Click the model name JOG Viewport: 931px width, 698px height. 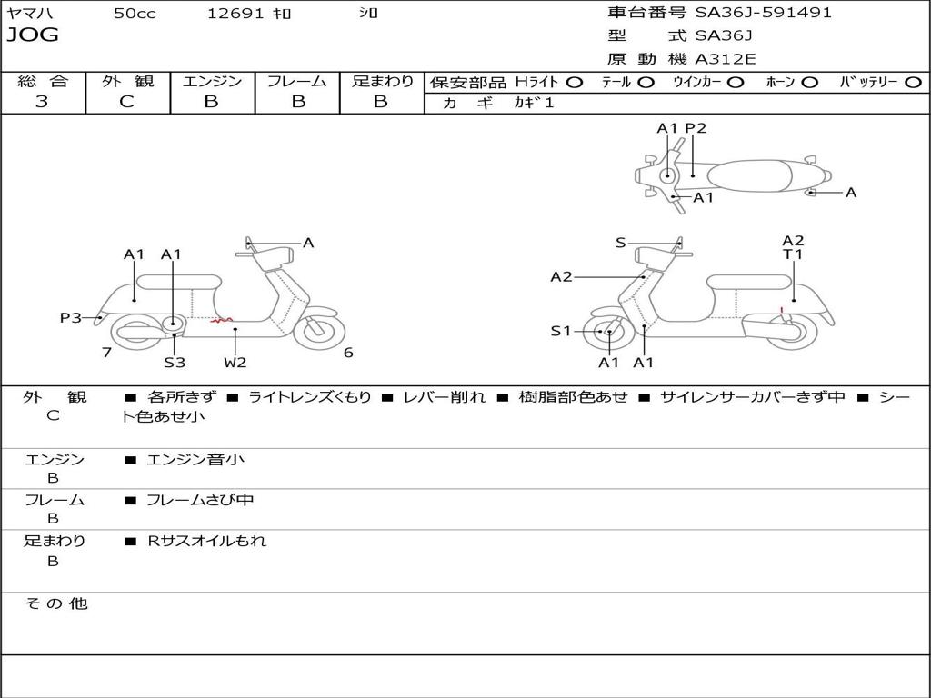pyautogui.click(x=32, y=35)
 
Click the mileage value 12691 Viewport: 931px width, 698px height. pyautogui.click(x=235, y=14)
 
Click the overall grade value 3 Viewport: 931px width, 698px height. pyautogui.click(x=42, y=102)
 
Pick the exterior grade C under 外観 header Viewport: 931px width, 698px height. pyautogui.click(x=126, y=102)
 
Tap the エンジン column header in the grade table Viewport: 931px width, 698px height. pyautogui.click(x=212, y=81)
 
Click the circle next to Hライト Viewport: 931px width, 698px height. pyautogui.click(x=575, y=82)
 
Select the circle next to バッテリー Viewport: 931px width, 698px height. pyautogui.click(x=913, y=82)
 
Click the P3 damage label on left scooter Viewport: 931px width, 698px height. pyautogui.click(x=70, y=317)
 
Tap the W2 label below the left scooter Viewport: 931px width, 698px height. pyautogui.click(x=235, y=363)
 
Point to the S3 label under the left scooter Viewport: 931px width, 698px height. pyautogui.click(x=175, y=363)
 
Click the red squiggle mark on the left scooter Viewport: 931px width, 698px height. pyautogui.click(x=221, y=320)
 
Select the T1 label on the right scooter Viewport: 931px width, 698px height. pyautogui.click(x=793, y=255)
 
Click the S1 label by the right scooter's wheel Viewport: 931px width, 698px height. pyautogui.click(x=561, y=332)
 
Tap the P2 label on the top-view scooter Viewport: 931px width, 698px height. pyautogui.click(x=696, y=128)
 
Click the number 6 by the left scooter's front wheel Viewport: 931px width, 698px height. pyautogui.click(x=348, y=353)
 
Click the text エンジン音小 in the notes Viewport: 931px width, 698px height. pyautogui.click(x=195, y=460)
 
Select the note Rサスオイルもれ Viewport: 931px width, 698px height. pyautogui.click(x=207, y=541)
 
